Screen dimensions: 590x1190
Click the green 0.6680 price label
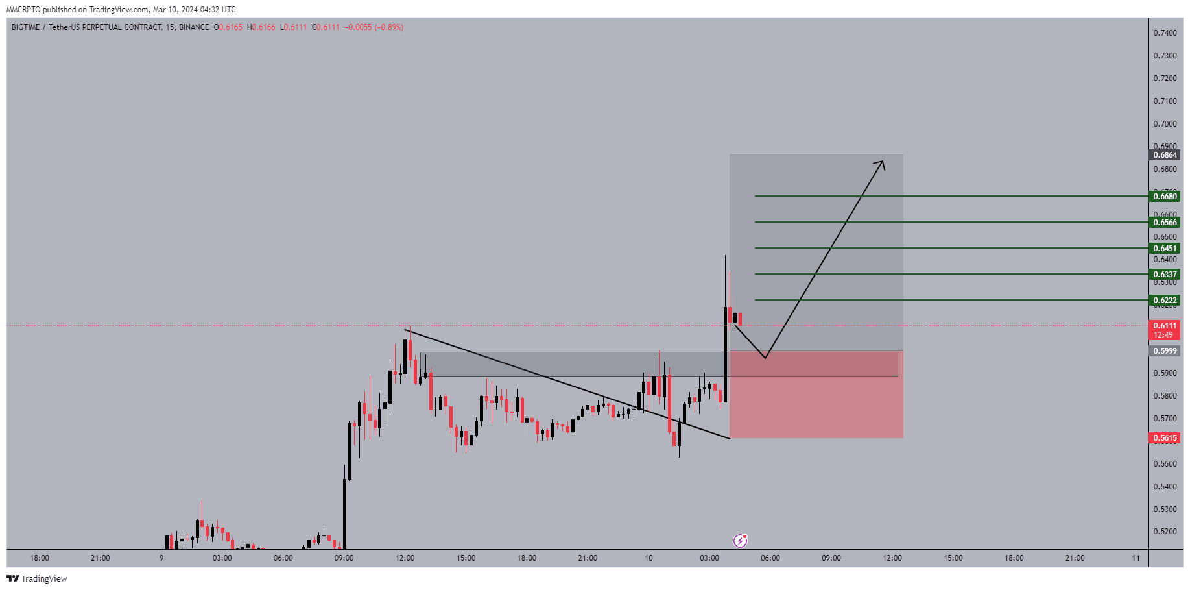coord(1165,197)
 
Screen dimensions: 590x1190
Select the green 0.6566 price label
coord(1165,223)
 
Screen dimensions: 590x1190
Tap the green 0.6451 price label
coord(1165,249)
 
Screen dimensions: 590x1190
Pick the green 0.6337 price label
coord(1165,275)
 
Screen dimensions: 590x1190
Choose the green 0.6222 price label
coord(1165,301)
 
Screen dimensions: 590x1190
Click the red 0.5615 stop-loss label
coord(1165,438)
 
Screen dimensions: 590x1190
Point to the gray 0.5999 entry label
coord(1165,351)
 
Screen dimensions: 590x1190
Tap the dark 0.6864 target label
coord(1165,155)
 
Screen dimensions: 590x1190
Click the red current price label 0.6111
coord(1165,326)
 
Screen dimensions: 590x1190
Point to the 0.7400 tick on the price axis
coord(1165,33)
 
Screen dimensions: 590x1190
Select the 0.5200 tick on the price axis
coord(1165,532)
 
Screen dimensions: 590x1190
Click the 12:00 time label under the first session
coord(405,558)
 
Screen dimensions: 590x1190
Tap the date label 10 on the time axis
coord(649,558)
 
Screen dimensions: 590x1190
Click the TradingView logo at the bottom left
coord(37,578)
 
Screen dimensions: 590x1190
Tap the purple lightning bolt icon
coord(740,541)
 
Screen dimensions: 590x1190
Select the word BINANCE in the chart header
coord(194,27)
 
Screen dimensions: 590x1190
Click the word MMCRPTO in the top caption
coord(23,10)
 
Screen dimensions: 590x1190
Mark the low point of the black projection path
coord(766,358)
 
